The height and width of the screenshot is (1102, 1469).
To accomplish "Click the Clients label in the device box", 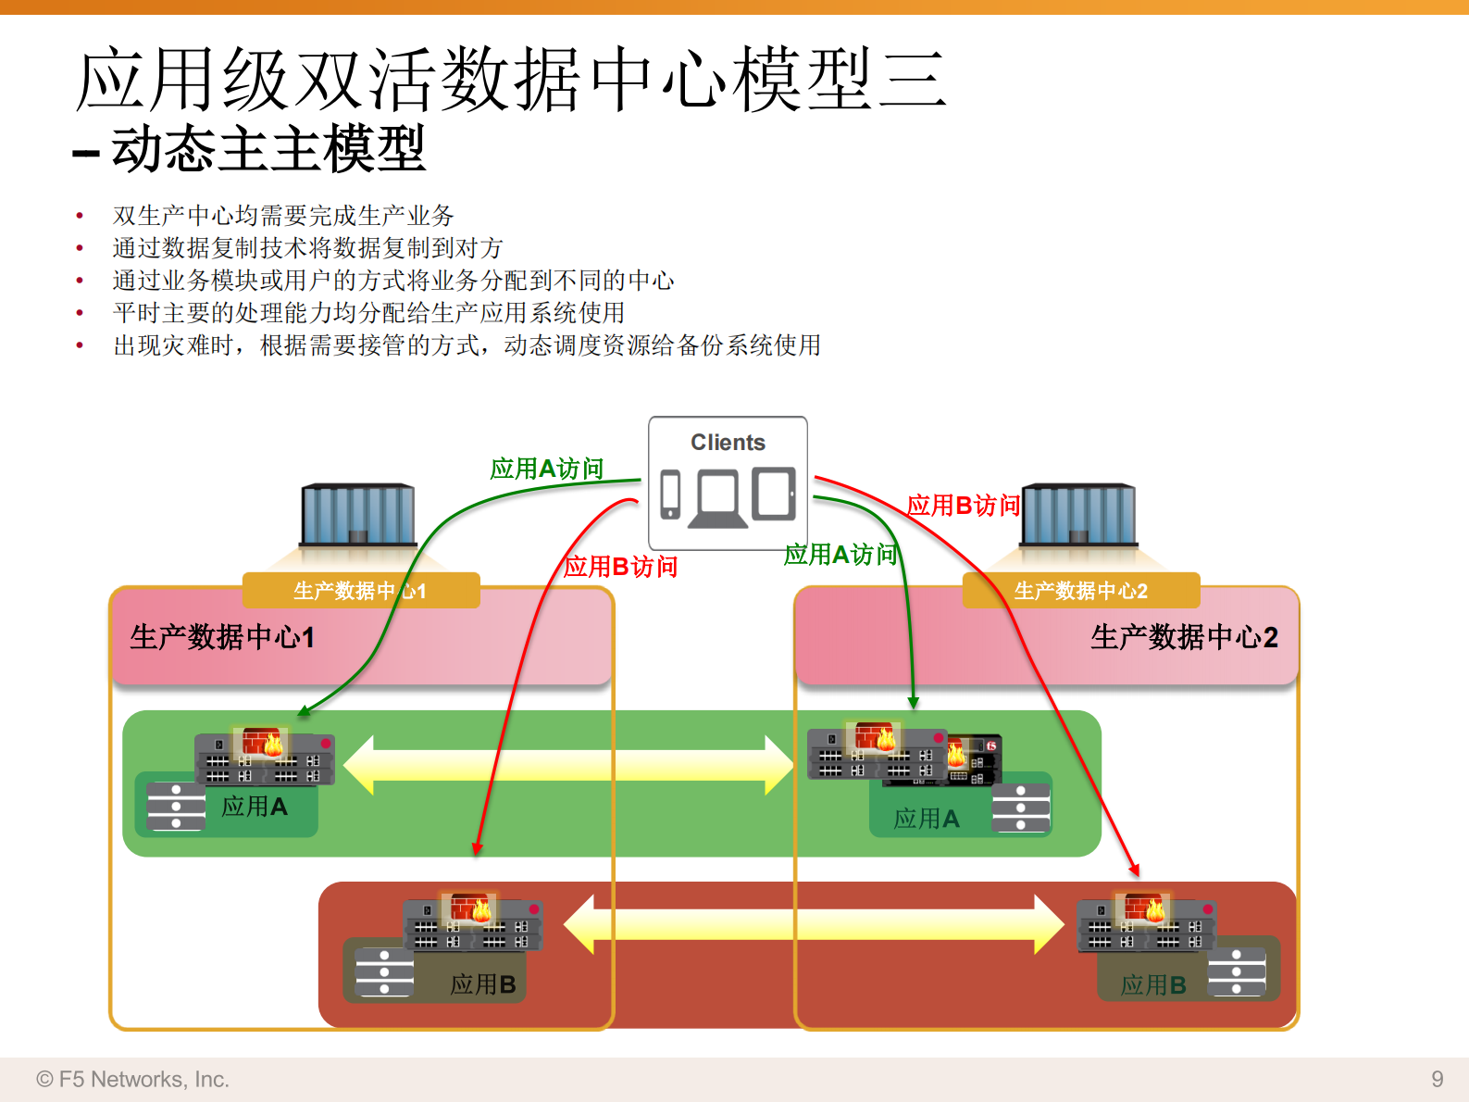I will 728,443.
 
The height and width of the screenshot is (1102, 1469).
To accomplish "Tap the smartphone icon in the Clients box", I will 670,495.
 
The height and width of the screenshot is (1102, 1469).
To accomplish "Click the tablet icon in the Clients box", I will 774,494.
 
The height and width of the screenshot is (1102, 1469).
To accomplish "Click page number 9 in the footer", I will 1437,1079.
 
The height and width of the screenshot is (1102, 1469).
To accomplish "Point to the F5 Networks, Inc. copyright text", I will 133,1080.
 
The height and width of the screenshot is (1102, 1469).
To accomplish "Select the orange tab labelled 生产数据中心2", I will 1080,591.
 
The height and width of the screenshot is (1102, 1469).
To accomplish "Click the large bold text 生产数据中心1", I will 222,637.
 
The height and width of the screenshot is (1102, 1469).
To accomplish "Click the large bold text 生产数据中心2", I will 1184,637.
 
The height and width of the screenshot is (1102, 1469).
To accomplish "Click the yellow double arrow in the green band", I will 567,766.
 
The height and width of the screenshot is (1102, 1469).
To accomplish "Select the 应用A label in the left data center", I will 255,807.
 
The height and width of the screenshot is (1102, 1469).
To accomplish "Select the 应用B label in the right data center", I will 1152,985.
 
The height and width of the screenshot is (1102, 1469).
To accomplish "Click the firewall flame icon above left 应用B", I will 470,908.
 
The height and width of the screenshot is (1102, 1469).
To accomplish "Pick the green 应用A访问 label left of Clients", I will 546,469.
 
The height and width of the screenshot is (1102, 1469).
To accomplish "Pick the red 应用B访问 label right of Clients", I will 963,506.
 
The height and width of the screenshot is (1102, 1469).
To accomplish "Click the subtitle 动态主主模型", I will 268,149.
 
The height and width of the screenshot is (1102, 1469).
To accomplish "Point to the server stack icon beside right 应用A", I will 1021,808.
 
